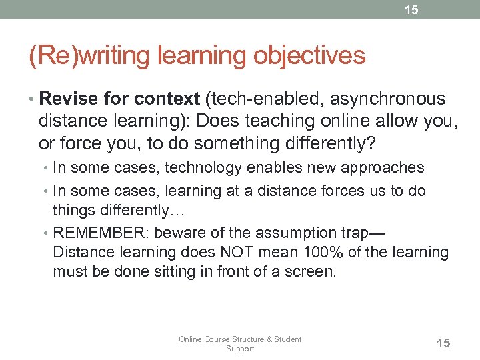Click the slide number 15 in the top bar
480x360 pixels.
coord(411,10)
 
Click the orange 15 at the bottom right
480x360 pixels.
coord(443,343)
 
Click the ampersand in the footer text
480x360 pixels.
coord(270,339)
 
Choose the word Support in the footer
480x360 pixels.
coord(240,349)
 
